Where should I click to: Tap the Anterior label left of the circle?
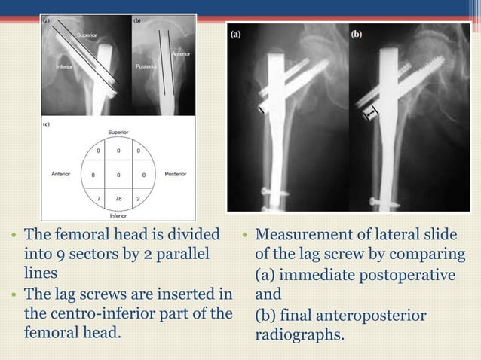[61, 174]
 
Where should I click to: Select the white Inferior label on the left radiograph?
[64, 66]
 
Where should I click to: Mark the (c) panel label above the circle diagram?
[47, 124]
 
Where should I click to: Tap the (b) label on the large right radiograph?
[357, 33]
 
